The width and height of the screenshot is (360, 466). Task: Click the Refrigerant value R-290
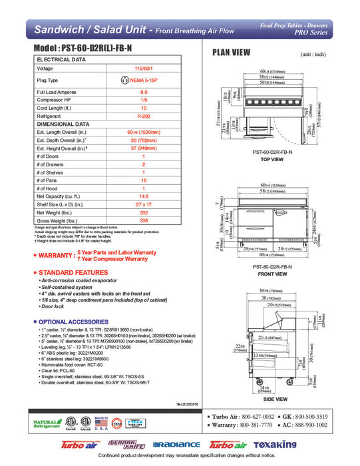click(144, 116)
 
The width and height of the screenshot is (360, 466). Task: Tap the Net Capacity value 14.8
click(144, 196)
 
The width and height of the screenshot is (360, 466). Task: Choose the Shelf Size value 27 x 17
click(144, 204)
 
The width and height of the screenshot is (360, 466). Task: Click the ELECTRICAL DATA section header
click(61, 59)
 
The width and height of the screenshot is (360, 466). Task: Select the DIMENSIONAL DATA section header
click(63, 124)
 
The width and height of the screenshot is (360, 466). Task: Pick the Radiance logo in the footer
click(176, 445)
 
